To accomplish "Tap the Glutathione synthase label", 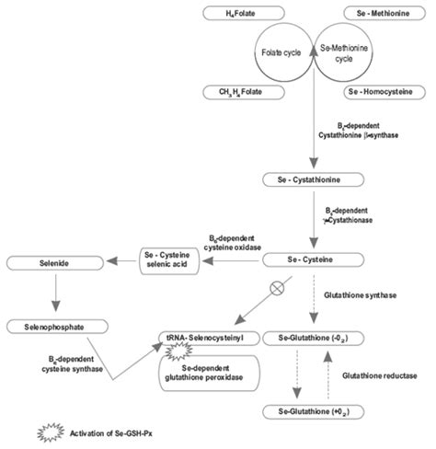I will tap(361, 295).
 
